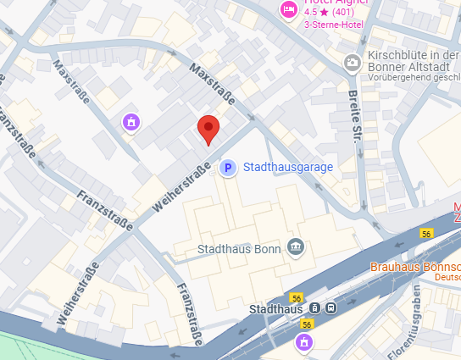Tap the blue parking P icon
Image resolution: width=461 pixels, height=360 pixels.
click(226, 169)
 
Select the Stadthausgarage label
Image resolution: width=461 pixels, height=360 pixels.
click(288, 169)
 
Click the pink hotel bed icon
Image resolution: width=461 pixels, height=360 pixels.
click(288, 9)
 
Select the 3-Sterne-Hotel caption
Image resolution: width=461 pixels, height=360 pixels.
click(332, 24)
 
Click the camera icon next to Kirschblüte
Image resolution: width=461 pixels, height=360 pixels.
click(352, 63)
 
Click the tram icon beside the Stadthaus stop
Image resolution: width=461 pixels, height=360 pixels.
click(314, 308)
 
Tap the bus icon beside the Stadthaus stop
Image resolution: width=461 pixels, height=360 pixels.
click(330, 308)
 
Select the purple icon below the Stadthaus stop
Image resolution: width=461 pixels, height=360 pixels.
click(303, 342)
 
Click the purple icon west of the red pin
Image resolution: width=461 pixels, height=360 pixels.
click(131, 124)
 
